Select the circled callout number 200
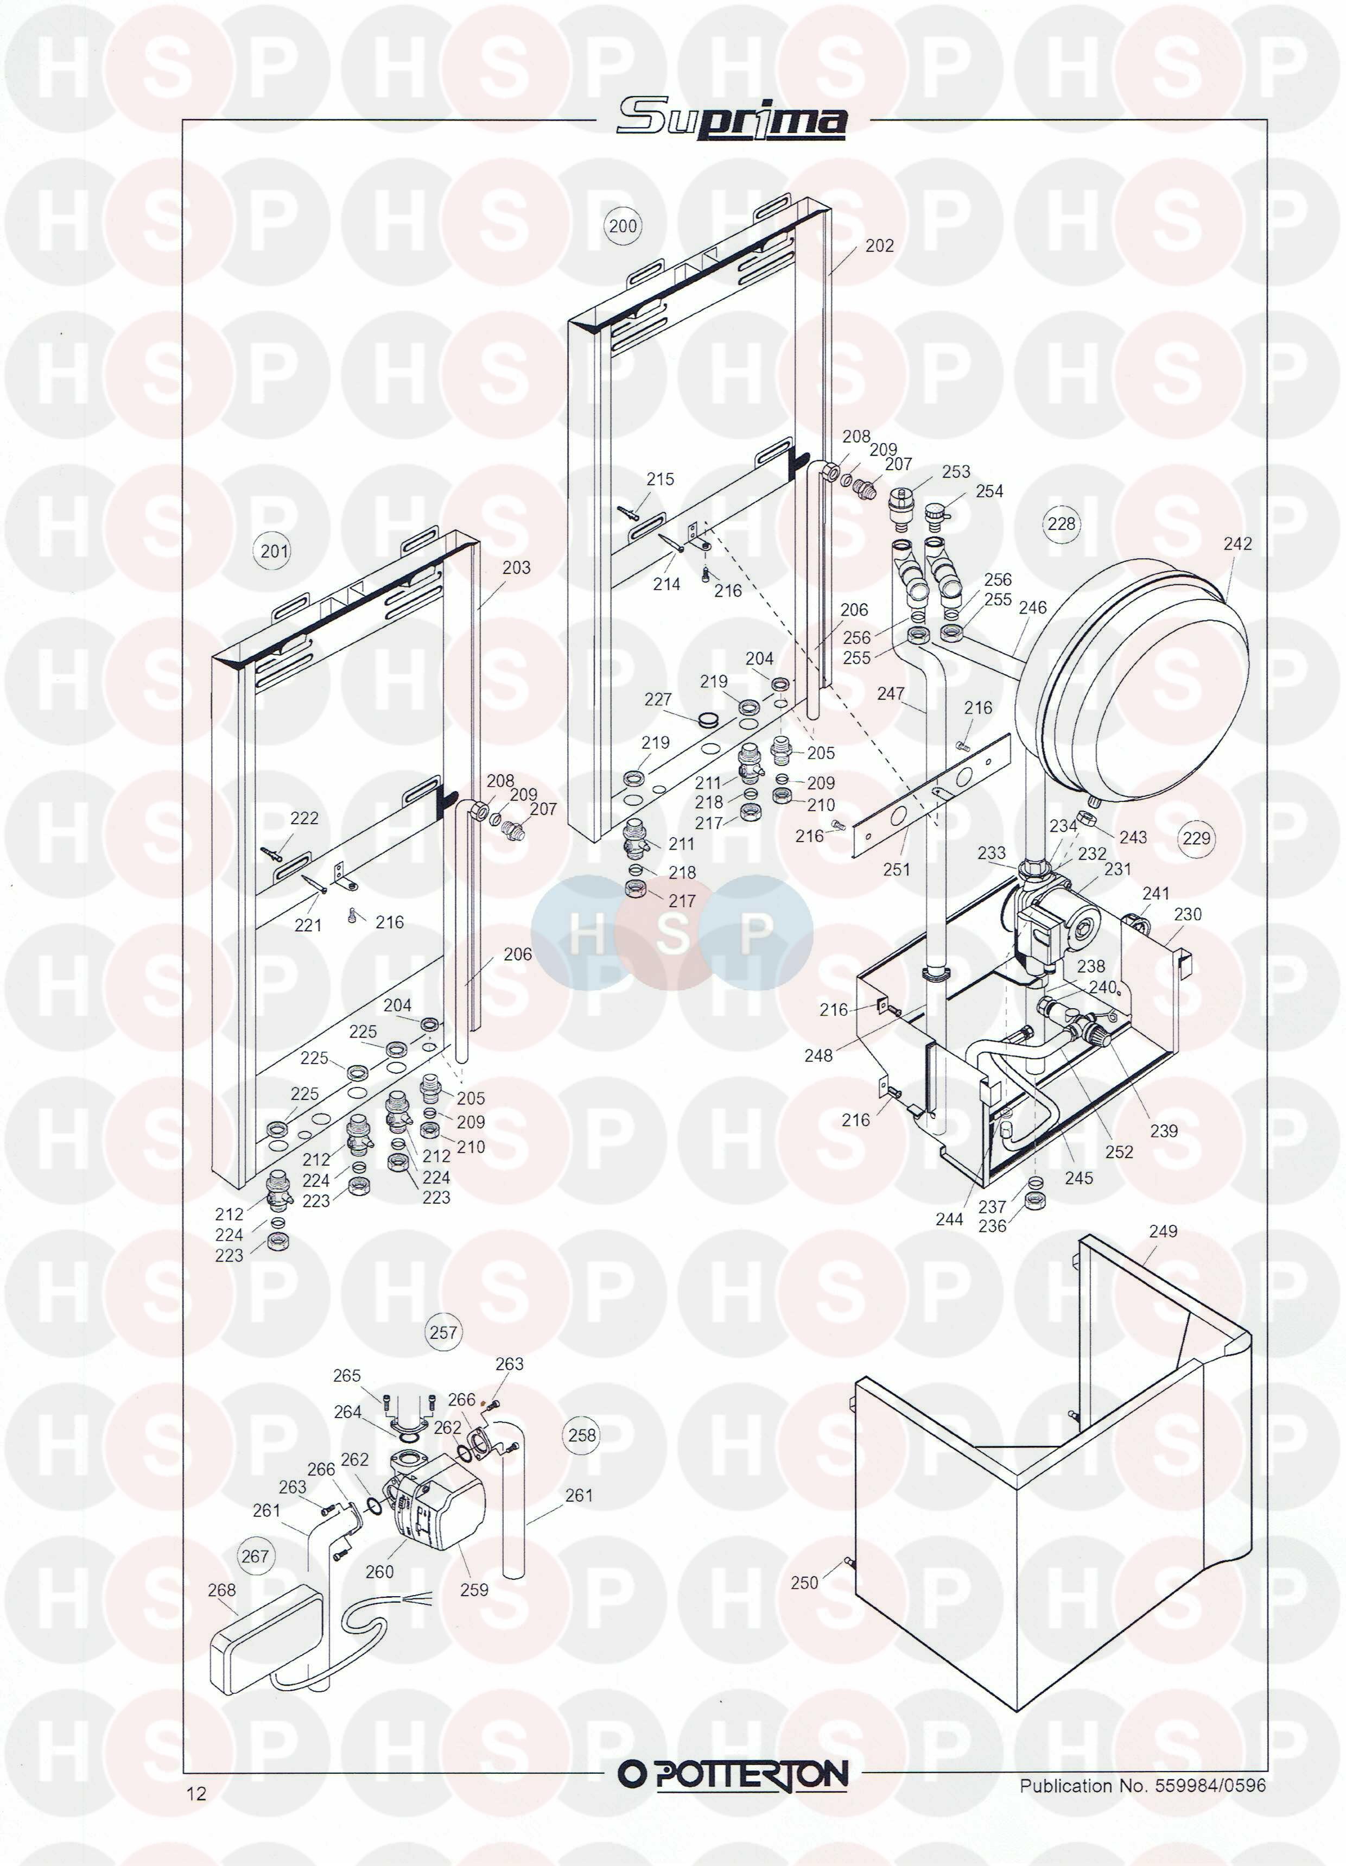623,225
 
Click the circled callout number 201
274,551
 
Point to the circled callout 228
1062,523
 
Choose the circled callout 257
443,1332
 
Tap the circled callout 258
582,1435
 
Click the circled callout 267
255,1557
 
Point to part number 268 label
221,1590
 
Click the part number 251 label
896,869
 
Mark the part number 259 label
474,1590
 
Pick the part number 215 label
660,479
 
